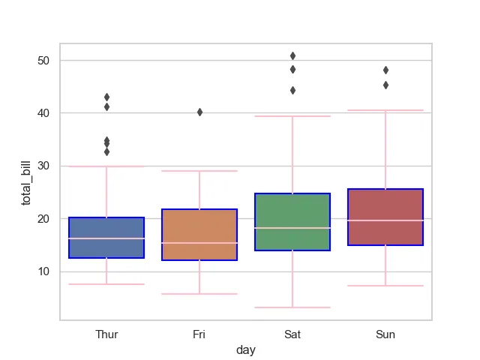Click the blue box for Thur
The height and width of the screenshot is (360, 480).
click(106, 238)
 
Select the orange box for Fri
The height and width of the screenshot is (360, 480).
click(199, 235)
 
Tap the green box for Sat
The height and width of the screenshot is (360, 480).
click(292, 221)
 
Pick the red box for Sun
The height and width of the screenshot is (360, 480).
click(385, 217)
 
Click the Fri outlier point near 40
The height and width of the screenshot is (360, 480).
click(199, 112)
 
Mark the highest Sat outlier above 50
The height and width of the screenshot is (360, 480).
click(292, 55)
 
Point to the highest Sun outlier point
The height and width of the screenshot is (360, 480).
click(385, 70)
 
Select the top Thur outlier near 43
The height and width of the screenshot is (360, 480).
click(106, 97)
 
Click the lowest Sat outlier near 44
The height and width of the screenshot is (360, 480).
click(292, 90)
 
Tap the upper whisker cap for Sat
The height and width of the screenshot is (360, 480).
click(292, 116)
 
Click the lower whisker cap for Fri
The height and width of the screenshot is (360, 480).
click(199, 294)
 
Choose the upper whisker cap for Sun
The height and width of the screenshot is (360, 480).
click(385, 110)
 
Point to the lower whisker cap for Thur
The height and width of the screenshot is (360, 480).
click(106, 284)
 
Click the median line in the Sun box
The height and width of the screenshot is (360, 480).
click(385, 220)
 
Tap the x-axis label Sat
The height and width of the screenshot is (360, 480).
click(292, 334)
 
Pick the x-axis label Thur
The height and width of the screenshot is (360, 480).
click(106, 334)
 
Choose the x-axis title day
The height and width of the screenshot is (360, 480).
click(245, 350)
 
